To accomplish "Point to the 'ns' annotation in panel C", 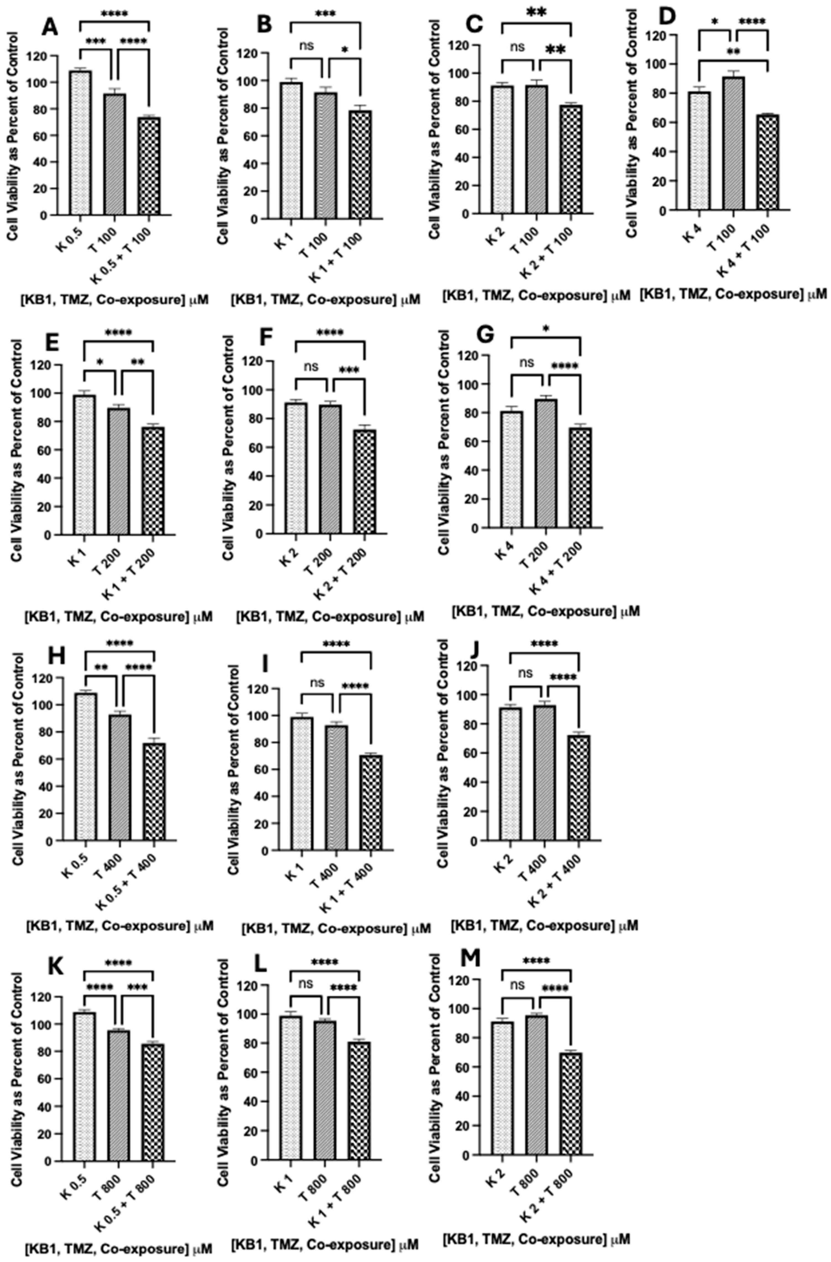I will click(x=518, y=47).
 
